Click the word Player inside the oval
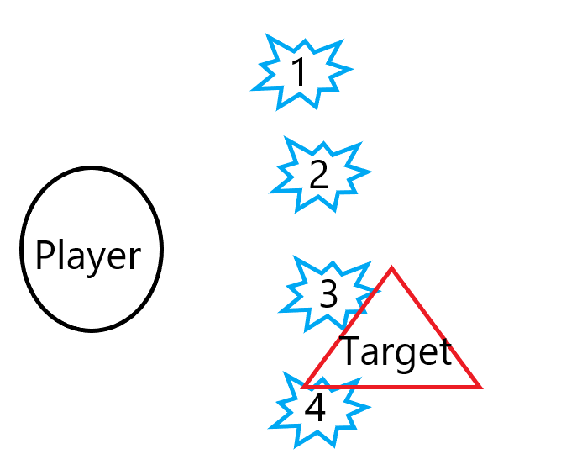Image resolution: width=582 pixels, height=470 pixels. pos(87,255)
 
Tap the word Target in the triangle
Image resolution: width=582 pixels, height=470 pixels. pos(396,352)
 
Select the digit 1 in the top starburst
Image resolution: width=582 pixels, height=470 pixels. pos(298,73)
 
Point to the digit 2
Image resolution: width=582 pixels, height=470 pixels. pos(318,175)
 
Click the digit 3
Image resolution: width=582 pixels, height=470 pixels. pos(328,293)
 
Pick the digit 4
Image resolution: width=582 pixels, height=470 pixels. pos(315,408)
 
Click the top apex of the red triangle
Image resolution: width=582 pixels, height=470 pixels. pos(391,270)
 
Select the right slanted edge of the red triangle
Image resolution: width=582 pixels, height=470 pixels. pos(437,330)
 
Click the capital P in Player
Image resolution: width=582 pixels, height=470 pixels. pos(45,255)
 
